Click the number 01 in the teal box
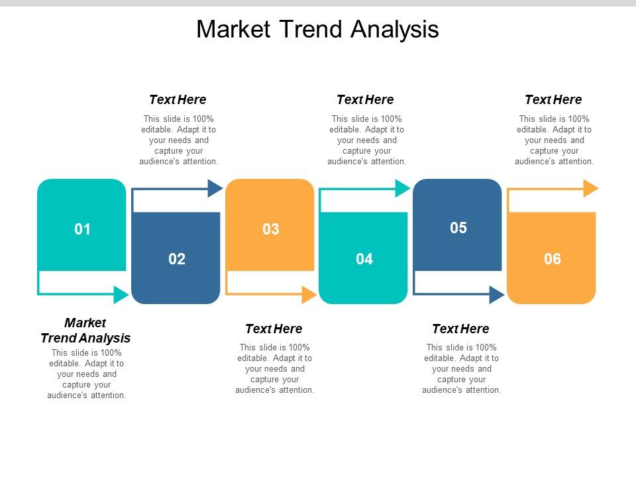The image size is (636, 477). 82,230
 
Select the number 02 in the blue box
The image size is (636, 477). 177,259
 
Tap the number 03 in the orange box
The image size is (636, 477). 271,230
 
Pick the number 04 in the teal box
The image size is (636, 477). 364,259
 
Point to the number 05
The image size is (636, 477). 458,228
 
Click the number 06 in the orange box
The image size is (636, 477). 553,259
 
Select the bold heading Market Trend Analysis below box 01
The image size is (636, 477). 85,330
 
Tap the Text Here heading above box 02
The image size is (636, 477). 178,99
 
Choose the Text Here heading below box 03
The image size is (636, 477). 274,329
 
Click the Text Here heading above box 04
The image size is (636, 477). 365,99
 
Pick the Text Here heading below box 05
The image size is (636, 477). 460,329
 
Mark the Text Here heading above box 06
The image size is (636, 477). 553,99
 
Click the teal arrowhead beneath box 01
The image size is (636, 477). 121,294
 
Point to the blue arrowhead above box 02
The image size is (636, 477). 215,188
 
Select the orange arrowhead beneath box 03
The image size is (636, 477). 309,294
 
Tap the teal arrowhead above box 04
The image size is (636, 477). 403,188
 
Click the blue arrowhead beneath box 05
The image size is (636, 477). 497,294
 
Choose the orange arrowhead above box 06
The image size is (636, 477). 591,188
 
